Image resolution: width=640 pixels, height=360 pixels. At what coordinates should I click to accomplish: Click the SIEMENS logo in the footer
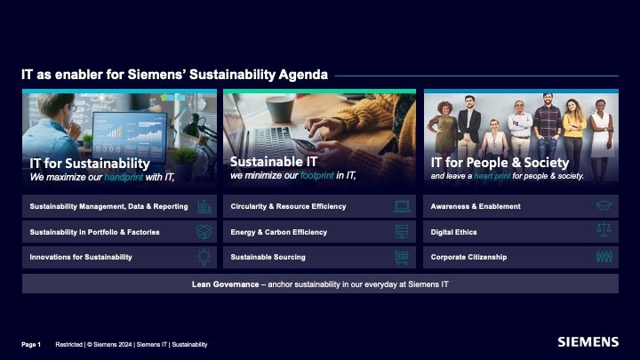(x=588, y=342)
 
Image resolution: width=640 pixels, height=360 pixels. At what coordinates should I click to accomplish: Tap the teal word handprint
(x=124, y=177)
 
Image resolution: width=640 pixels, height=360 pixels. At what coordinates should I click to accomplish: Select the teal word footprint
(x=317, y=175)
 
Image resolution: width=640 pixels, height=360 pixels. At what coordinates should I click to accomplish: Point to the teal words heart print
(x=492, y=176)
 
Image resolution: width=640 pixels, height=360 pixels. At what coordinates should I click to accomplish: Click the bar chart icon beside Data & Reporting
(x=204, y=206)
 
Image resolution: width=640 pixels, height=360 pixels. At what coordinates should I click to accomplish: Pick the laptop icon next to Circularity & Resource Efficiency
(x=402, y=206)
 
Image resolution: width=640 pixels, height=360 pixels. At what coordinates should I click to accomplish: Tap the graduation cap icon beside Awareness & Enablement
(x=604, y=205)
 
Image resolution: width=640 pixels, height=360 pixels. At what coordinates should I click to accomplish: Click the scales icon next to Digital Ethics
(x=604, y=230)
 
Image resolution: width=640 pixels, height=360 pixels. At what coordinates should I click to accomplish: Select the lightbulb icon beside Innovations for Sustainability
(x=204, y=257)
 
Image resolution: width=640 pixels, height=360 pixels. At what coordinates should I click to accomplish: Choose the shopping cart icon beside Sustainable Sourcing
(x=402, y=258)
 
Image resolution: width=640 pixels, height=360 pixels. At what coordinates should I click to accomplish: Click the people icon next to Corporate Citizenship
(x=604, y=257)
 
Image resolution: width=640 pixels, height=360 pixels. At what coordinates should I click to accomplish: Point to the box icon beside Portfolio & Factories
(x=204, y=232)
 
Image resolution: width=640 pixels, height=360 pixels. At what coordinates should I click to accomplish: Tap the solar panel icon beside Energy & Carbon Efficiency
(x=402, y=231)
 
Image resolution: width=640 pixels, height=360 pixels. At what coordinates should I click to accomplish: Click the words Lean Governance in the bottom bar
(x=225, y=284)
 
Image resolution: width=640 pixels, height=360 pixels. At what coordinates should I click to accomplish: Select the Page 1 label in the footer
(x=31, y=345)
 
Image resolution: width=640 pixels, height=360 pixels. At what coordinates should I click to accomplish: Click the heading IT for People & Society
(x=500, y=163)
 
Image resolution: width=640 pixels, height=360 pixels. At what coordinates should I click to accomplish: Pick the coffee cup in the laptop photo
(x=280, y=108)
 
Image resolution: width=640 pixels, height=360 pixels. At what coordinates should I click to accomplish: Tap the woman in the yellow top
(x=574, y=135)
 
